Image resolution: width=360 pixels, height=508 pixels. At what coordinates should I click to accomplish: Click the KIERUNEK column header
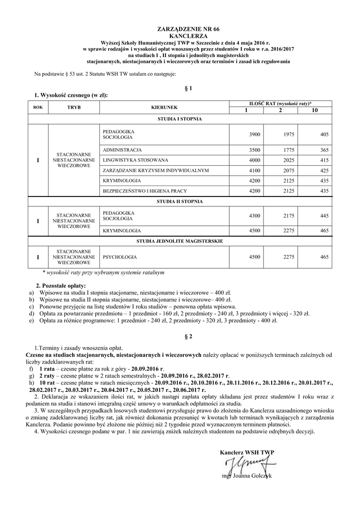(164, 107)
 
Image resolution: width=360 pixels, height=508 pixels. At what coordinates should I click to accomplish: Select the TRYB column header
(73, 107)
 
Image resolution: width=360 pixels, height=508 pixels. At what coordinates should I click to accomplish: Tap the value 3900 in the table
(254, 135)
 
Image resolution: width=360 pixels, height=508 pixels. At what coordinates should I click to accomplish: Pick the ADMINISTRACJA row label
(122, 150)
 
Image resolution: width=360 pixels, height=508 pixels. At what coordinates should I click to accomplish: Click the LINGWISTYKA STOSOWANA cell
(136, 160)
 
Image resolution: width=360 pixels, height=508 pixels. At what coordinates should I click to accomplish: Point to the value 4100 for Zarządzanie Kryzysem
(254, 171)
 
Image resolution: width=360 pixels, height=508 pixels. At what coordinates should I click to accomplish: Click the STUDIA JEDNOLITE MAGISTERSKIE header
(179, 241)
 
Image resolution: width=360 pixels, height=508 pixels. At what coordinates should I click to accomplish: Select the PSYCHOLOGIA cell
(120, 257)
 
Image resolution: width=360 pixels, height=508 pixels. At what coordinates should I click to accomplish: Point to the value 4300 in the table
(254, 216)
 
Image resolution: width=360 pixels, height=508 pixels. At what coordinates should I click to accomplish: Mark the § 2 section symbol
(188, 336)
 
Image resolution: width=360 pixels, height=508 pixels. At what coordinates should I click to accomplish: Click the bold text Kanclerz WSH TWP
(247, 452)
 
